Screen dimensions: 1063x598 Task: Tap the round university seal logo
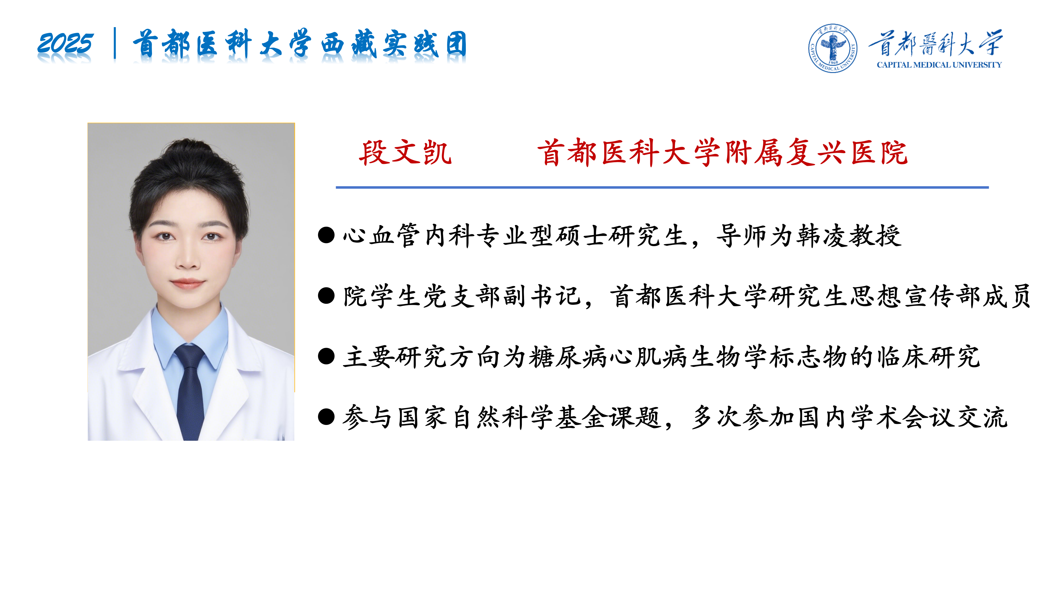[832, 48]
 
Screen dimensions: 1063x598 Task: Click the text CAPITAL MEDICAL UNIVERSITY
[939, 65]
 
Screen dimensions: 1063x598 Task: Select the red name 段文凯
[405, 153]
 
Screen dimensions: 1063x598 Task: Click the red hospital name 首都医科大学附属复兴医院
[722, 153]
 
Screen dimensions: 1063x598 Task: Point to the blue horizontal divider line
[662, 187]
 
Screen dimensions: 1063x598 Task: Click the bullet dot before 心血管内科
[326, 235]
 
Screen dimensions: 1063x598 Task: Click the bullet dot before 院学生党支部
[326, 296]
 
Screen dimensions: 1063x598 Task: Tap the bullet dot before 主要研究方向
[326, 357]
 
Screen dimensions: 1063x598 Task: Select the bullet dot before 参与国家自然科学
[326, 417]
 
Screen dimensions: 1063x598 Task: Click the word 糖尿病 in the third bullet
[569, 357]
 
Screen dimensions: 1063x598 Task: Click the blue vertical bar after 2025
[115, 43]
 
